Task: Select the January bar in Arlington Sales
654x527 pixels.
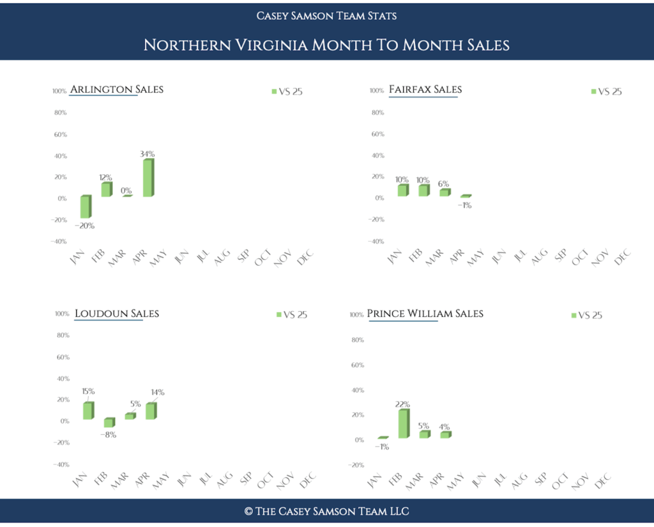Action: click(85, 207)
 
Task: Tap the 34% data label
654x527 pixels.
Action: click(148, 154)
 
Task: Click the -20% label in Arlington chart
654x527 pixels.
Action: click(84, 225)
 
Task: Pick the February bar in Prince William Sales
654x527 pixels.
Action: click(403, 424)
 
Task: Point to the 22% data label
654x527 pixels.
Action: click(402, 404)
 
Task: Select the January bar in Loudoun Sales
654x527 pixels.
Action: click(87, 411)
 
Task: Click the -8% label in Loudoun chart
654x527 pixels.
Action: click(109, 435)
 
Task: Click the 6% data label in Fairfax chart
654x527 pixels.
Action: click(444, 183)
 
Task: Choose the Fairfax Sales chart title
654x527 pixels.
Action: click(425, 89)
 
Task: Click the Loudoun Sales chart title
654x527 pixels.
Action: click(117, 313)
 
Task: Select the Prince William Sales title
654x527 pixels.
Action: click(425, 314)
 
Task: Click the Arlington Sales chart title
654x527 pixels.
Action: click(116, 89)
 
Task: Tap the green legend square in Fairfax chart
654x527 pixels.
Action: click(593, 91)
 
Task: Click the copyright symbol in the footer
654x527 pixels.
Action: click(248, 512)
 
